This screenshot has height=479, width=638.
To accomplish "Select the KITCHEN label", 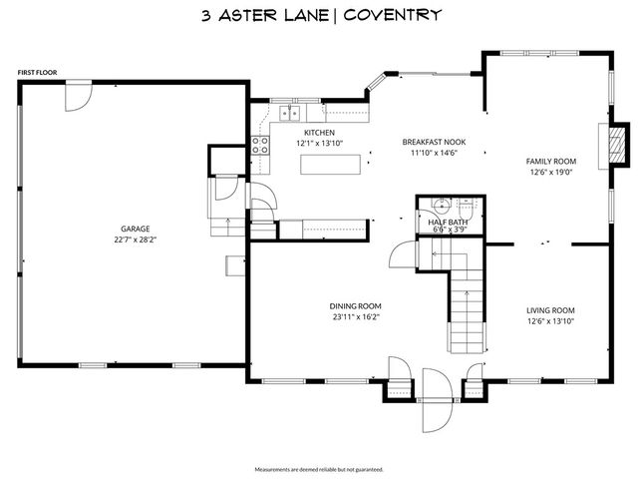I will click(x=319, y=132).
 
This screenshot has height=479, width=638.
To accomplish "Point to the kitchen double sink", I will click(x=290, y=112).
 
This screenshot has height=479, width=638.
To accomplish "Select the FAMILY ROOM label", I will click(x=551, y=161).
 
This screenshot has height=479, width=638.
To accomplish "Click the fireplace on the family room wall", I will click(x=618, y=144).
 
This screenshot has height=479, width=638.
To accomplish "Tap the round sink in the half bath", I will click(x=437, y=207).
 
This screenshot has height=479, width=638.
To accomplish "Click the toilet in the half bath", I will click(x=466, y=208).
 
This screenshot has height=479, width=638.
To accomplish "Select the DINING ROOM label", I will click(x=356, y=306).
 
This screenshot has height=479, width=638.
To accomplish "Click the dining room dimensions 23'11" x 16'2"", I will click(x=356, y=317).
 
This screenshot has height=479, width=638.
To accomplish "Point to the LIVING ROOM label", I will click(x=550, y=310).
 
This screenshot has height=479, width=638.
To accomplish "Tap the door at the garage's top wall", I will click(x=78, y=96).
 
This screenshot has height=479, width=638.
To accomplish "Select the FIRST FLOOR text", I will click(x=38, y=73).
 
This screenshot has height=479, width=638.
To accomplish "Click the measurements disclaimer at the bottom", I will click(x=319, y=468).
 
